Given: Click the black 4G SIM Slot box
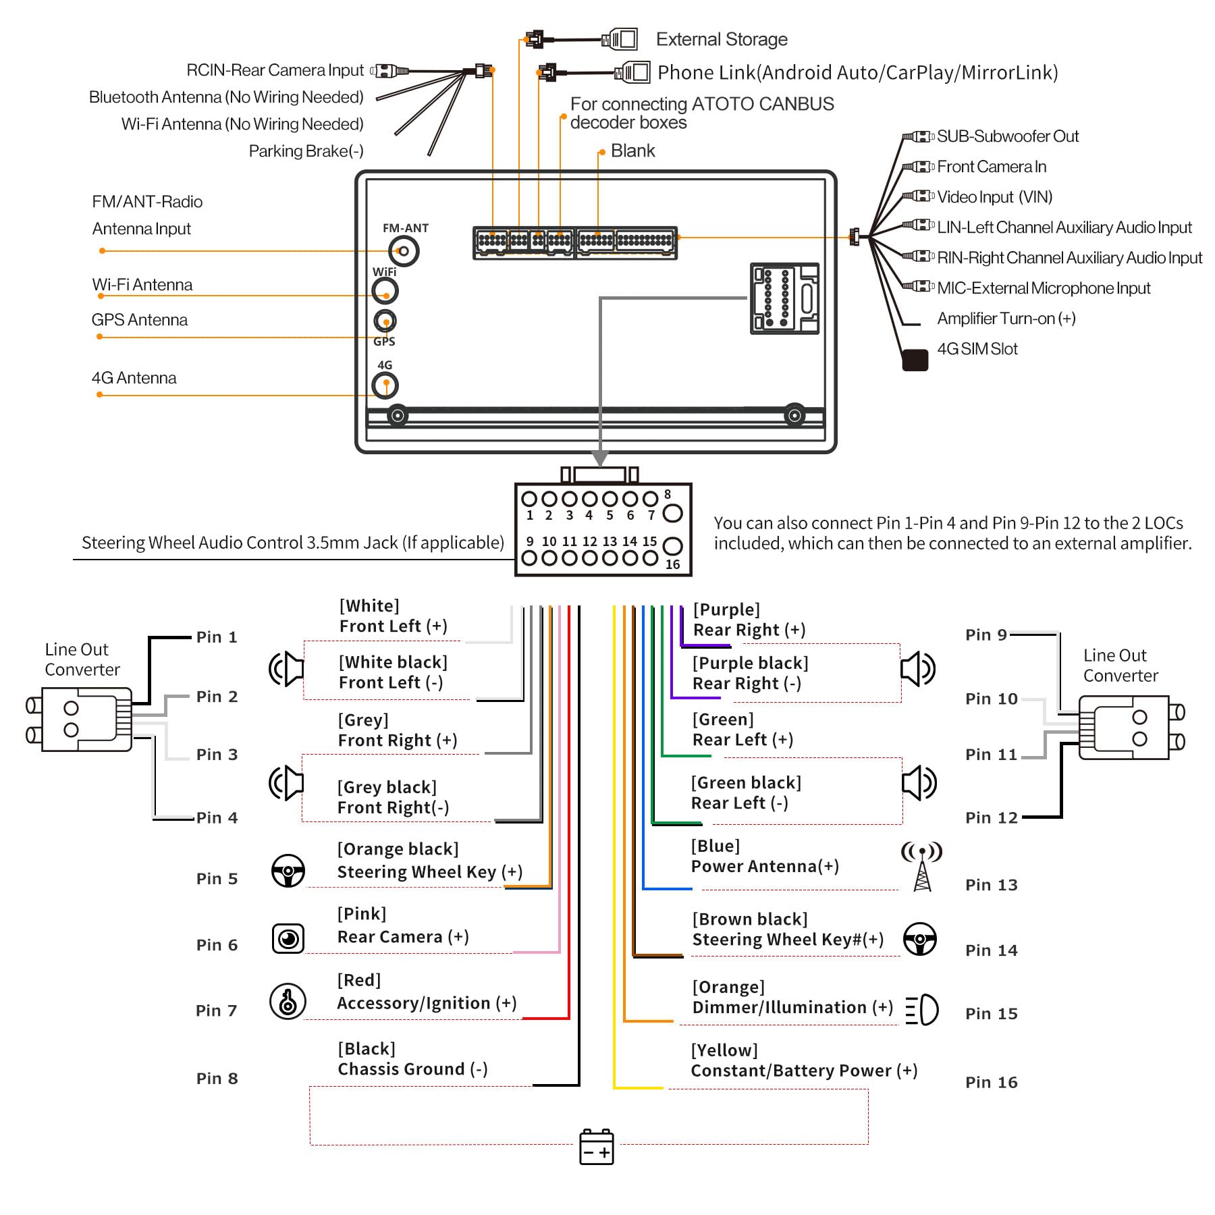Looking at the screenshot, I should tap(915, 360).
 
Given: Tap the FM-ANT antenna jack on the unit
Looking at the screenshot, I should tap(404, 252).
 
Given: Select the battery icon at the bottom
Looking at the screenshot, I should tap(596, 1147).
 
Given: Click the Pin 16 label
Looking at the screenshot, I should tap(991, 1082).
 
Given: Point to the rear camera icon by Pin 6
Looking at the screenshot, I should tap(288, 939).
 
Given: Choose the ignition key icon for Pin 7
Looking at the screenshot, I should tap(288, 1001).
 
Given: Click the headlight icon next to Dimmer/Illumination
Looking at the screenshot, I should tap(922, 1010).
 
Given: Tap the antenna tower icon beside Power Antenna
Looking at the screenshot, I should tap(921, 865).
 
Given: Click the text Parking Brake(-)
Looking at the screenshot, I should tap(306, 151).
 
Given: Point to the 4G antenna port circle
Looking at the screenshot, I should tap(385, 385).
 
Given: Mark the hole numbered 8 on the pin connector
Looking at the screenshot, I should tap(672, 514).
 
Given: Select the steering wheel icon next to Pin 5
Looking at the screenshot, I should tap(288, 871).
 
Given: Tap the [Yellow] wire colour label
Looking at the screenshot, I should tap(724, 1050).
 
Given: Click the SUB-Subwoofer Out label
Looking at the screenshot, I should tap(1007, 136).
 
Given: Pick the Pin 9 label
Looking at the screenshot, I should tap(986, 634).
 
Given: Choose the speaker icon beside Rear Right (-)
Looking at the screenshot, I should tap(918, 669).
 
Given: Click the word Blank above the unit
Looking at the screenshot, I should tap(632, 151).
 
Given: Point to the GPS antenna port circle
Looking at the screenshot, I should tap(385, 321).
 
